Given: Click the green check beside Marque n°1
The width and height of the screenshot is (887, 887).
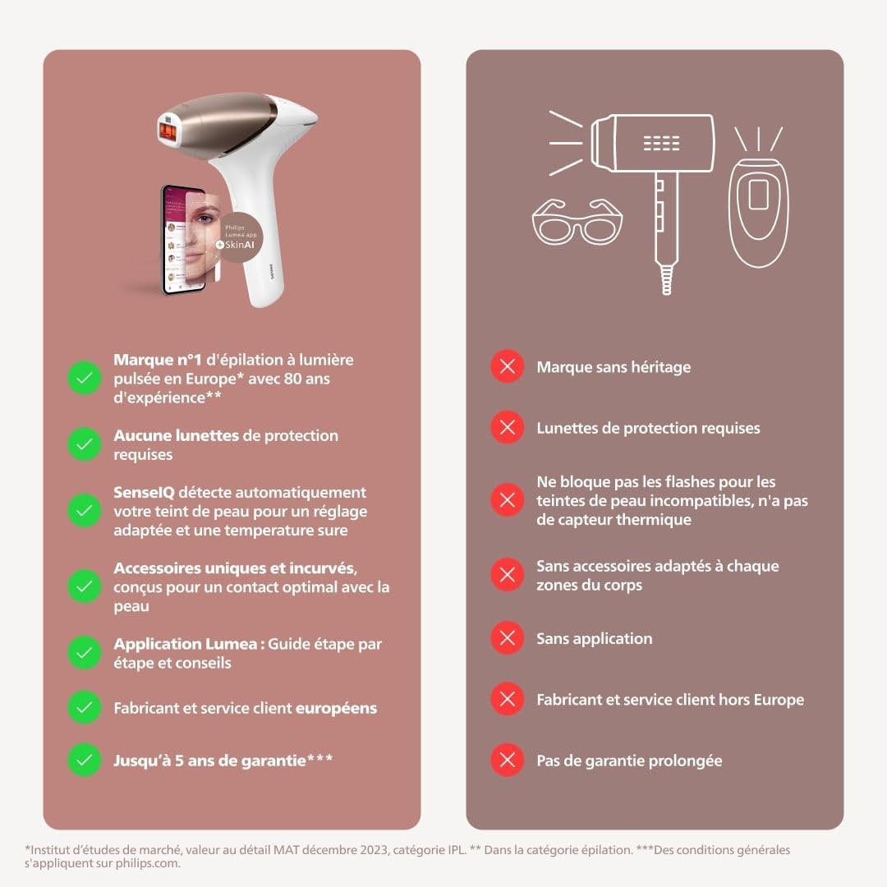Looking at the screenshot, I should [x=84, y=378].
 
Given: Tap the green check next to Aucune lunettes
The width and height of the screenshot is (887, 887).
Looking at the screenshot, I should [x=84, y=444].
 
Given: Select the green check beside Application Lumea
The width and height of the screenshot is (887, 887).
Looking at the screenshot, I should [x=84, y=653].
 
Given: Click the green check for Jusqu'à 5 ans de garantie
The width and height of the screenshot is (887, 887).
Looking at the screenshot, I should [x=84, y=760].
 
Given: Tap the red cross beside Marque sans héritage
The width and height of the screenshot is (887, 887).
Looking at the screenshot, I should [x=508, y=367].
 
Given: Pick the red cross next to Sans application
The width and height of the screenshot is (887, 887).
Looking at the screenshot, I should [x=508, y=638].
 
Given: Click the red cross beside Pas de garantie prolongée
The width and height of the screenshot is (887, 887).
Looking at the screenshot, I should [x=508, y=760].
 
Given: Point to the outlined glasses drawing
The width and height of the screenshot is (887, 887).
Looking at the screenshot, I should [x=577, y=222].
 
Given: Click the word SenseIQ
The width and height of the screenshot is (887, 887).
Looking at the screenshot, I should [x=145, y=492].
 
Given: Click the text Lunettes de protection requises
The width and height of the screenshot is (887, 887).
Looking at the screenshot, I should [x=648, y=428].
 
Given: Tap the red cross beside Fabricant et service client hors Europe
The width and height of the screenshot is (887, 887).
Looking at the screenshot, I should [x=508, y=699].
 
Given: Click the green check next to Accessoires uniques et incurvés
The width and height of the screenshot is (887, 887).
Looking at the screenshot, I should [x=84, y=586].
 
